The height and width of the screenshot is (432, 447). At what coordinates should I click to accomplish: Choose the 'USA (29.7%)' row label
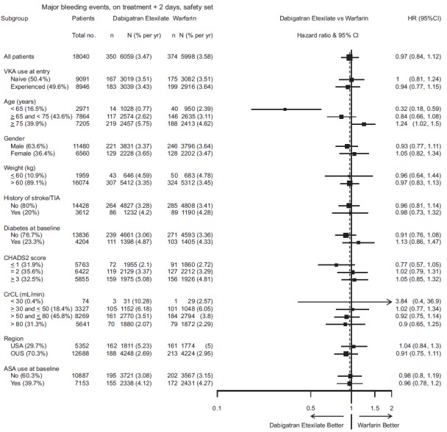click(28, 345)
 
